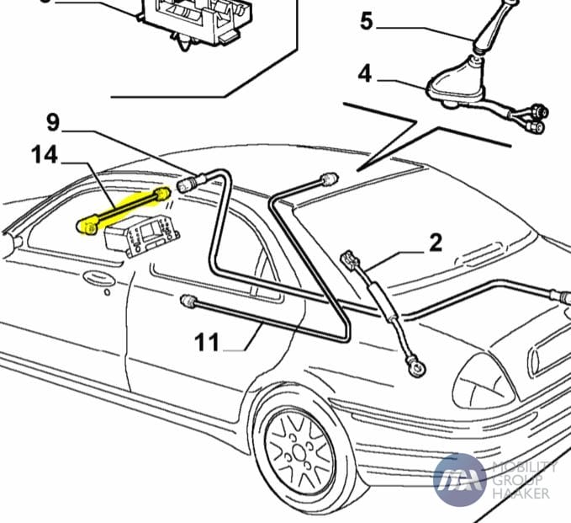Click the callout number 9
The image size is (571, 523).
(53, 123)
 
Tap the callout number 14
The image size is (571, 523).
(45, 155)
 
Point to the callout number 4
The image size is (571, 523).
(364, 73)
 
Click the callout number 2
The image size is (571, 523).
(435, 243)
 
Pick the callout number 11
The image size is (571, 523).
(207, 342)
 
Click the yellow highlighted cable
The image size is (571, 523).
(126, 210)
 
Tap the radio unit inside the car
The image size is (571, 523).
(140, 232)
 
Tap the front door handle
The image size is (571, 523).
(98, 277)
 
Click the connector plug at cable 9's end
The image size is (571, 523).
(186, 183)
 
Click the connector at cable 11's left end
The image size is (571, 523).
(189, 301)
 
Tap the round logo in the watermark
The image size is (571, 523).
(459, 478)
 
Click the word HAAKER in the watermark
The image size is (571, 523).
(521, 493)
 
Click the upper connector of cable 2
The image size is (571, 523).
(347, 259)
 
